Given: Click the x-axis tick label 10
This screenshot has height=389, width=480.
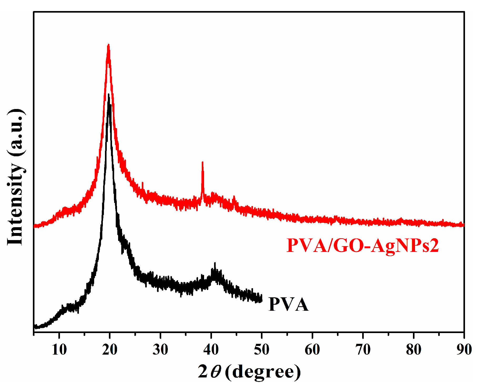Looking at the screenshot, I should click(59, 350).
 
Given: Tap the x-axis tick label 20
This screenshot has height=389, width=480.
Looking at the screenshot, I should click(110, 350).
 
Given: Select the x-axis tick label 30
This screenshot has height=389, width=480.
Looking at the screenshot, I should click(160, 350).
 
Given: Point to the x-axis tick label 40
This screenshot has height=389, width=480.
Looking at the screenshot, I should click(211, 350).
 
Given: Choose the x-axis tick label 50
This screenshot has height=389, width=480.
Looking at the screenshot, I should click(261, 350).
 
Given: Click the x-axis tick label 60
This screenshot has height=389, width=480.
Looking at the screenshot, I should click(312, 350).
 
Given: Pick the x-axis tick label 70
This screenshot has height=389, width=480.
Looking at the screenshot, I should click(363, 350).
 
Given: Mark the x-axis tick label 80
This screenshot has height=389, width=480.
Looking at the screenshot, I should click(413, 350).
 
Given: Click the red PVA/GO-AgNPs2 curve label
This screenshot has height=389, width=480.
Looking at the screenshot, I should click(363, 246).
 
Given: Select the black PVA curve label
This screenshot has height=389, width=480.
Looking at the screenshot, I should click(289, 305).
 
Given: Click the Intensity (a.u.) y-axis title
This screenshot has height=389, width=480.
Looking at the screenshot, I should click(16, 177).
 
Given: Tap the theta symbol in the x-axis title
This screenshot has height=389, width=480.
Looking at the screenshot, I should click(216, 372).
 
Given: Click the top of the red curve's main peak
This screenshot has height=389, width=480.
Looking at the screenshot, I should click(108, 45).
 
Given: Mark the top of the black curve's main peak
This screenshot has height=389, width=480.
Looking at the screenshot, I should click(109, 95).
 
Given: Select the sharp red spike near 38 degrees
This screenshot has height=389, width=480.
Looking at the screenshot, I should click(202, 163).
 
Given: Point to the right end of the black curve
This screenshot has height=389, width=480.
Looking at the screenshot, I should click(261, 299).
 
